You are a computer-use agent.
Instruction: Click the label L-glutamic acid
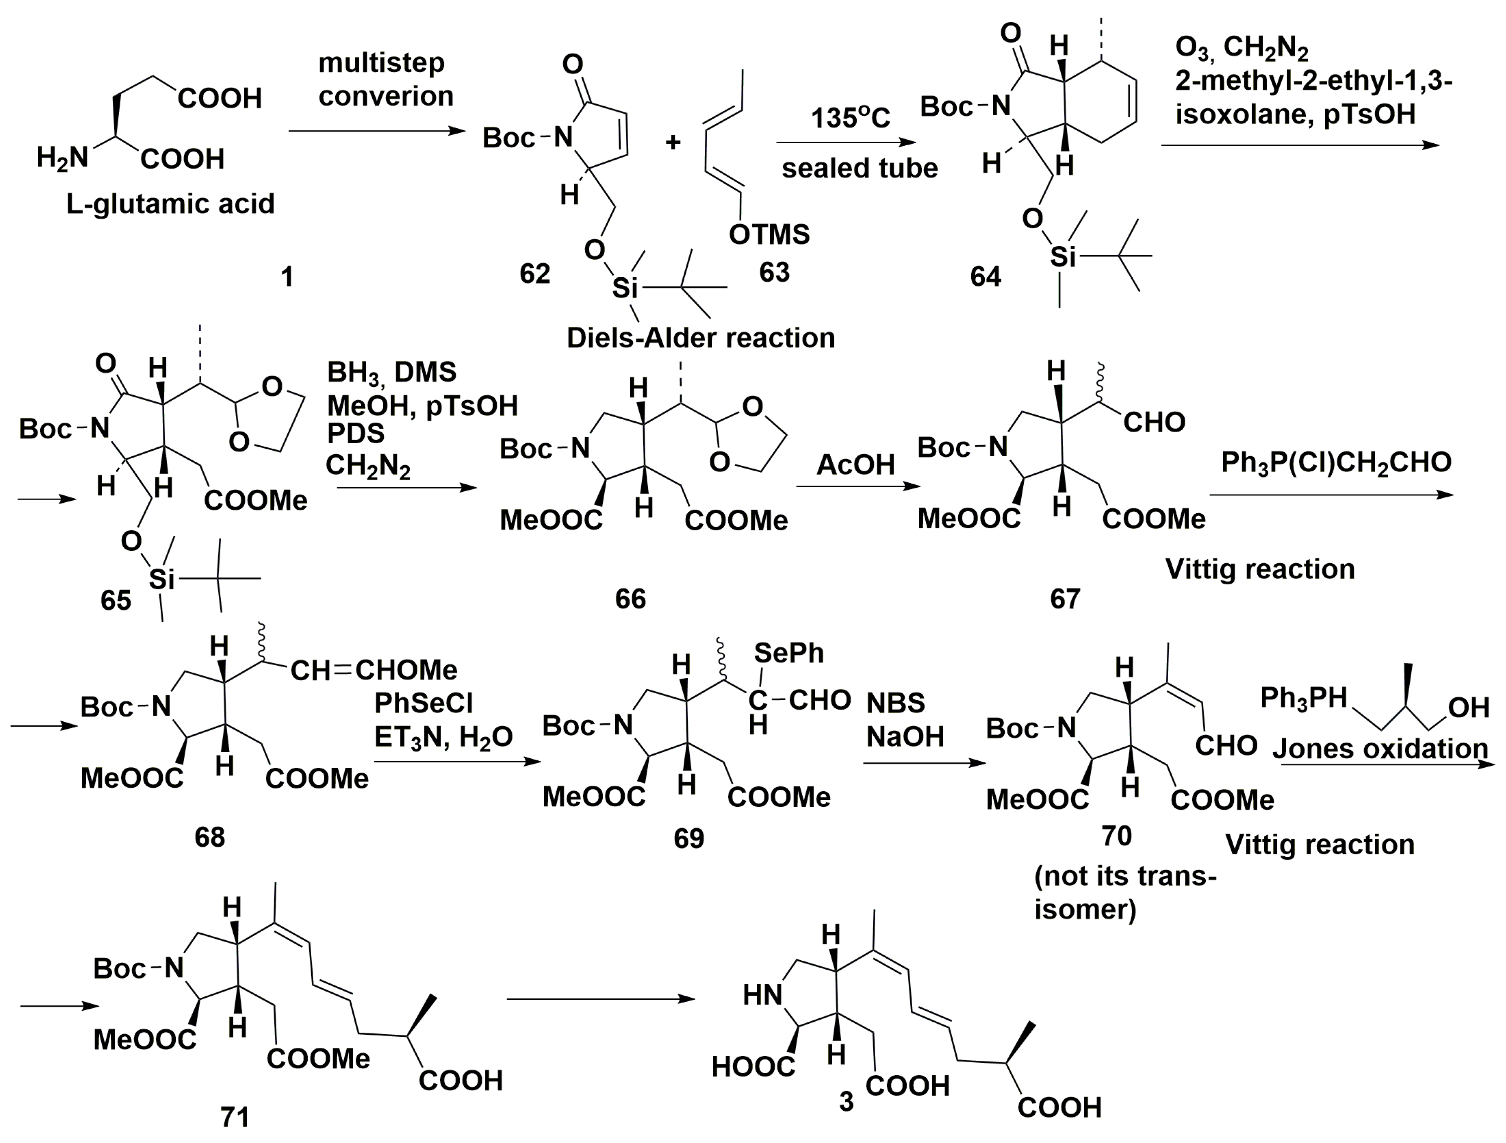pyautogui.click(x=170, y=204)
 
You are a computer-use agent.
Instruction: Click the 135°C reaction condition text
pyautogui.click(x=850, y=118)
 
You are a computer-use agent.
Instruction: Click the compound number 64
pyautogui.click(x=985, y=276)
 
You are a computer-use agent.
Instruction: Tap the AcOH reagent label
pyautogui.click(x=855, y=465)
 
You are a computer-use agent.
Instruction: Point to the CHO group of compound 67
pyautogui.click(x=1154, y=423)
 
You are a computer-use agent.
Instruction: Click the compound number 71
pyautogui.click(x=235, y=1117)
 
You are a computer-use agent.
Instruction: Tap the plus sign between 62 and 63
pyautogui.click(x=673, y=142)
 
